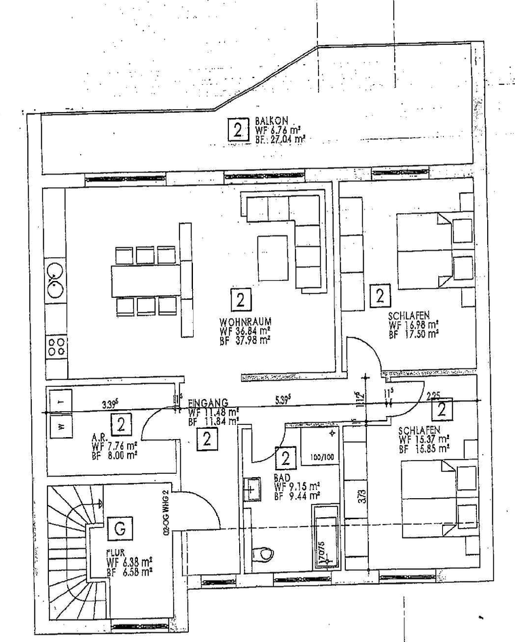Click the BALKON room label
pos(266,119)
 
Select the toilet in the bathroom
pos(262,553)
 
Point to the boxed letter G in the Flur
pos(120,527)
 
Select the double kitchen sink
pos(56,280)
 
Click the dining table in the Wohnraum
pos(146,280)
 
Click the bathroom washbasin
pos(251,489)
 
